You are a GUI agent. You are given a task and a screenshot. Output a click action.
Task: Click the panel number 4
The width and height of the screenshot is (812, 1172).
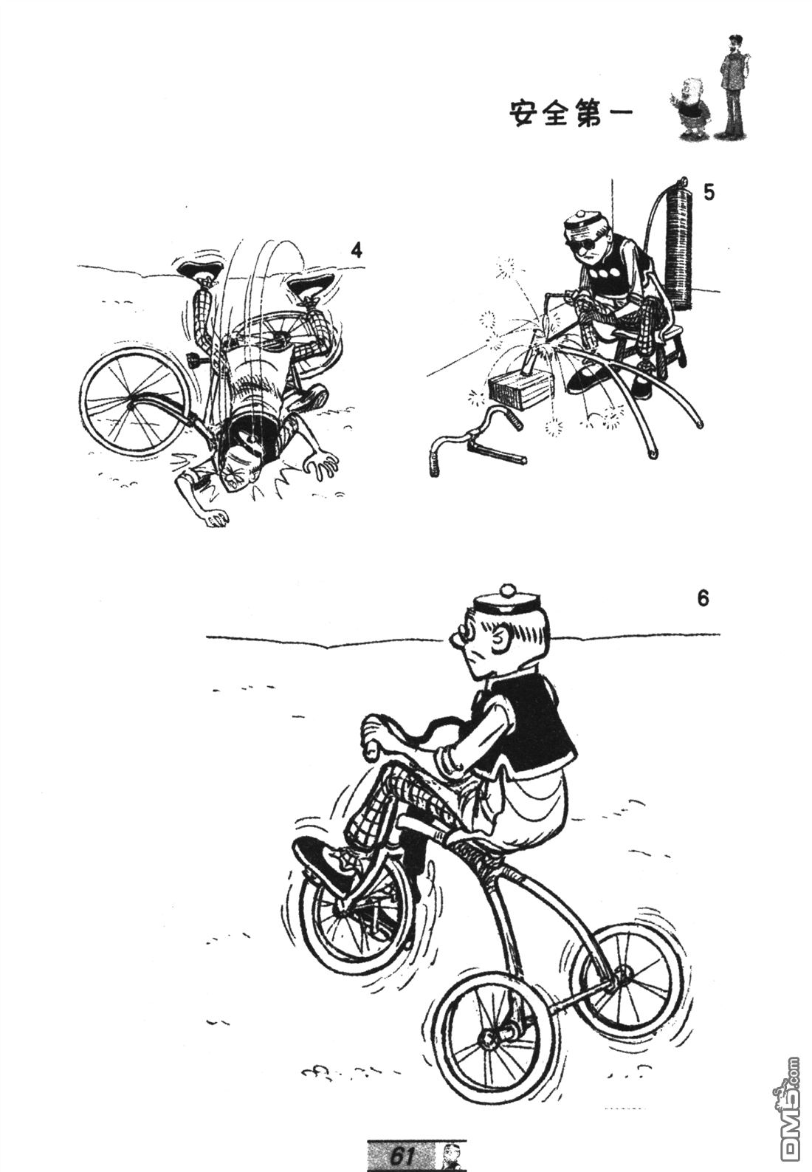point(356,251)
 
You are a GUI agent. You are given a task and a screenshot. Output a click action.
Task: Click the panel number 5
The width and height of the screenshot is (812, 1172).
point(709,193)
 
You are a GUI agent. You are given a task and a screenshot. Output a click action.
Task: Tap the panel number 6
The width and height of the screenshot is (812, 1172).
point(703,599)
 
